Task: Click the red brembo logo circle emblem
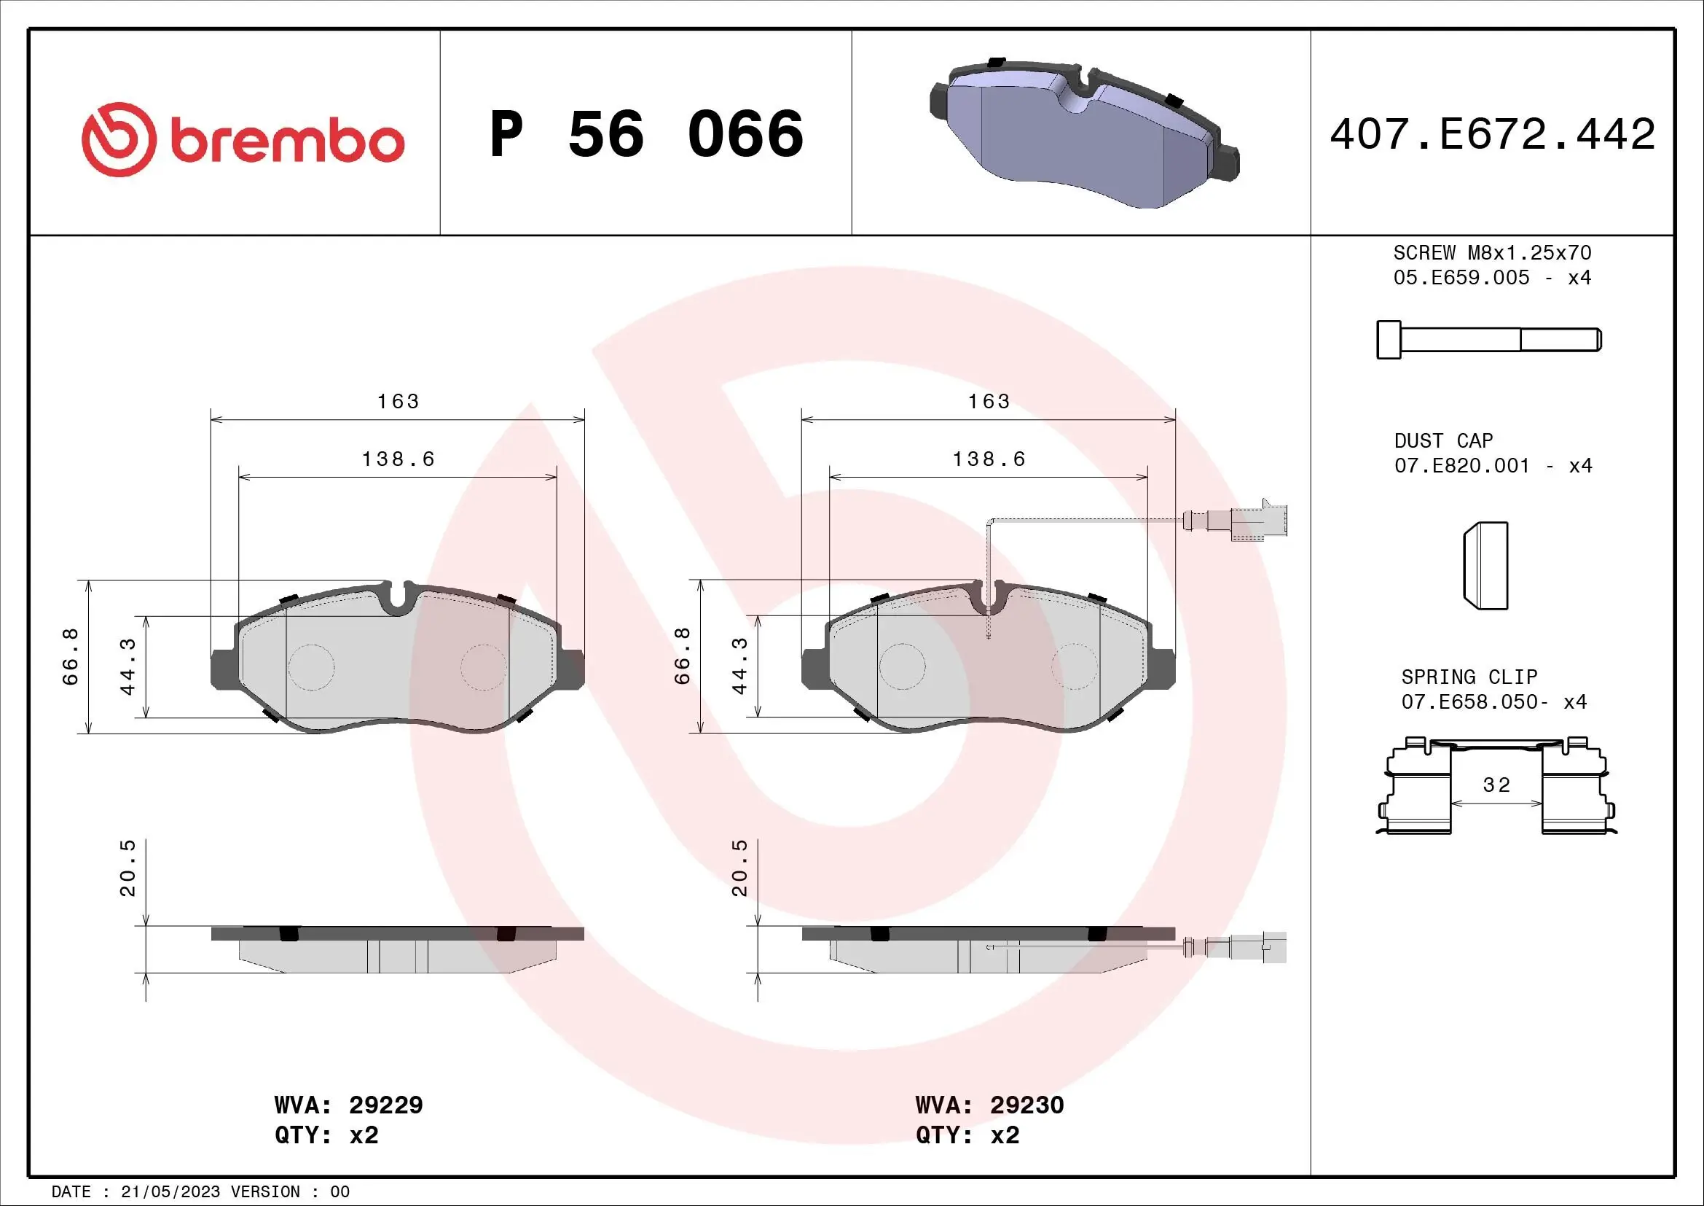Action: tap(119, 139)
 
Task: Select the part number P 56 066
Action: tap(645, 134)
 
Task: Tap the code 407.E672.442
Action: tap(1492, 134)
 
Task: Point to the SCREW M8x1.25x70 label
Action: tap(1492, 252)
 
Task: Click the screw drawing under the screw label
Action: tap(1488, 340)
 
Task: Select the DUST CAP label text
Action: tap(1442, 441)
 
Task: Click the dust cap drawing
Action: tap(1485, 566)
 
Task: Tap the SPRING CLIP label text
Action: tap(1469, 677)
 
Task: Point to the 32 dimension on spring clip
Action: tap(1496, 785)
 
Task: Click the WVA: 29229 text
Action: tap(348, 1105)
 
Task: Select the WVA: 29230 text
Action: tap(989, 1105)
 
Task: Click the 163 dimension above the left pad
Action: tap(398, 402)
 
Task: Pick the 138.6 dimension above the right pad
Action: tap(989, 459)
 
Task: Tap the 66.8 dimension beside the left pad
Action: tap(71, 655)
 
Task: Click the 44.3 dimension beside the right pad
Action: tap(739, 666)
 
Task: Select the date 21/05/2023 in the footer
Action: tap(170, 1192)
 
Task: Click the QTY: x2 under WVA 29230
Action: tap(967, 1135)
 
